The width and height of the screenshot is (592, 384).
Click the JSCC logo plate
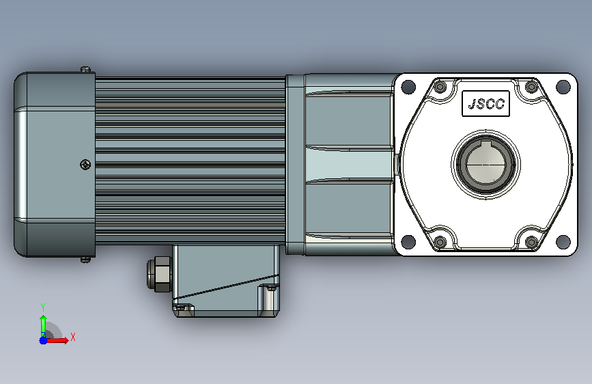pyautogui.click(x=485, y=103)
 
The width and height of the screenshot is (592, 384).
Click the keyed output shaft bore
pyautogui.click(x=485, y=164)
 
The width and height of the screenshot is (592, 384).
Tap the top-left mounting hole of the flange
pyautogui.click(x=408, y=87)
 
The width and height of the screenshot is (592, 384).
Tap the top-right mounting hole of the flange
pyautogui.click(x=563, y=87)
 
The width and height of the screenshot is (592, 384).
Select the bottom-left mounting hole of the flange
pyautogui.click(x=408, y=241)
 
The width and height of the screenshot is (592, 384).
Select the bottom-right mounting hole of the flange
pyautogui.click(x=563, y=241)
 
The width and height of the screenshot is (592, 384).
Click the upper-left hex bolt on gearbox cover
pyautogui.click(x=440, y=87)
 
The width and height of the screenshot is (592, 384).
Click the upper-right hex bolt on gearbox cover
pyautogui.click(x=531, y=87)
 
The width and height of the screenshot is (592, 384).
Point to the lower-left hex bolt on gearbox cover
pyautogui.click(x=440, y=241)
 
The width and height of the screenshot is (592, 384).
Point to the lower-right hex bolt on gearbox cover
pyautogui.click(x=531, y=241)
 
